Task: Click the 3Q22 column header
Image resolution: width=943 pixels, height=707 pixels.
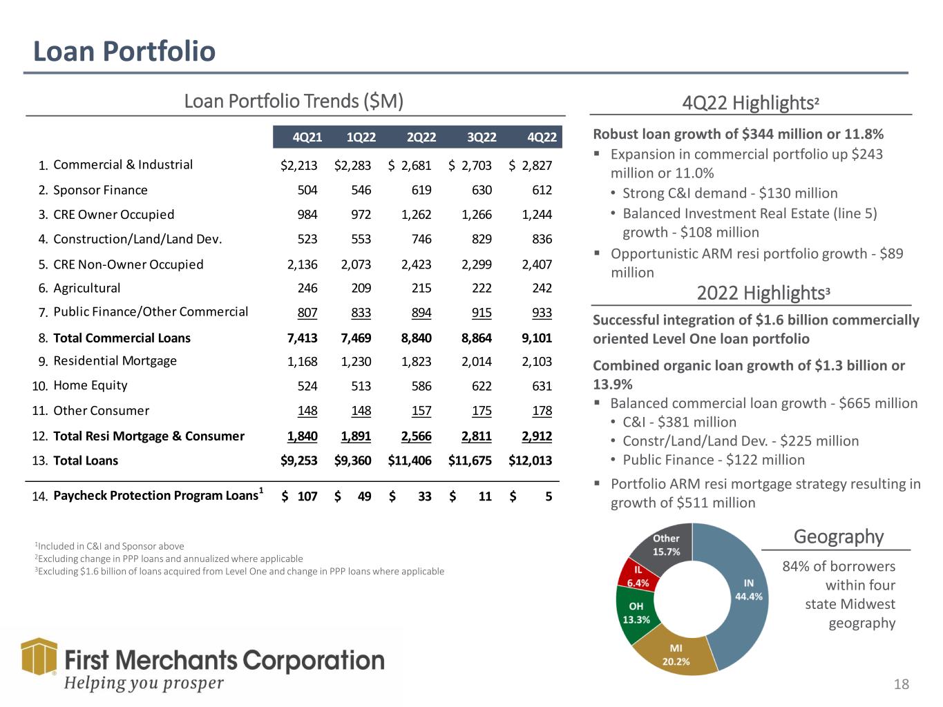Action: tap(481, 137)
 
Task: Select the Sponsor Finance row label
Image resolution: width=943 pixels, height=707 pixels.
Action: tap(100, 190)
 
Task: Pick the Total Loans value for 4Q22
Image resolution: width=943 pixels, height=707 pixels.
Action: tap(530, 461)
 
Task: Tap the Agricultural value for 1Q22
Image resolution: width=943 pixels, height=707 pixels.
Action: tap(361, 288)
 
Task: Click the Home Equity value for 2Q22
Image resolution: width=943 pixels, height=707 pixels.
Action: tap(421, 386)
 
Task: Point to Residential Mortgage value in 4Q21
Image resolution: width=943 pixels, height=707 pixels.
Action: tap(302, 362)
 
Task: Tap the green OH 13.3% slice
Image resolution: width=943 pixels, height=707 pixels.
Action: tap(636, 614)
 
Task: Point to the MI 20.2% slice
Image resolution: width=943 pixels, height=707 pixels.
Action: tap(676, 655)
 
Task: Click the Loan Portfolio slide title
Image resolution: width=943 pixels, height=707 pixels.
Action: tap(124, 51)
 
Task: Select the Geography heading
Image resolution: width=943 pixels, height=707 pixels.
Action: tap(838, 536)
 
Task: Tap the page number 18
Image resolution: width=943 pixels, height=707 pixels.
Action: tap(901, 684)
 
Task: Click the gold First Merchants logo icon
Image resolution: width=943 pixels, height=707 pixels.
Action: tap(39, 657)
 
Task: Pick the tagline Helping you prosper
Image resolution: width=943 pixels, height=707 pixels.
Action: tap(144, 683)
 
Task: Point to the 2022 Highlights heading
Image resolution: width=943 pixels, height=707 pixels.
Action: tap(763, 293)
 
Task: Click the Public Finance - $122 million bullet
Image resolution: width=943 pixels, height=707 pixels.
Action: tap(714, 460)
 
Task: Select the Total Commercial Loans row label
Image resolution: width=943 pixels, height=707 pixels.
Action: tap(122, 338)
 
